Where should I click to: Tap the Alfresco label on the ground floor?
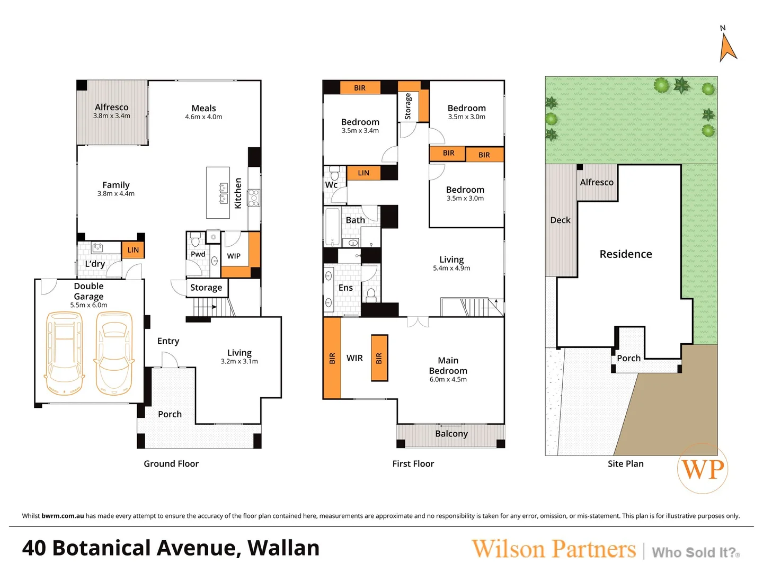(112, 107)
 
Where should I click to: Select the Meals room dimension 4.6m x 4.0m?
(203, 117)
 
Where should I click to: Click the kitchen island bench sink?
(223, 193)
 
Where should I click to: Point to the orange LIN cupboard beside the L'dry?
(133, 249)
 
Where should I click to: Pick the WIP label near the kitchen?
(234, 256)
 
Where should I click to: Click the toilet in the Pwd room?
(196, 238)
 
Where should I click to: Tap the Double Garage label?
(88, 291)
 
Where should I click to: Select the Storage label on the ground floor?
(206, 288)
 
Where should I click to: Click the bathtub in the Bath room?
(332, 227)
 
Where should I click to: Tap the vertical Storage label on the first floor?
(408, 106)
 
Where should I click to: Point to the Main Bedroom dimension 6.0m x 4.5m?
(448, 380)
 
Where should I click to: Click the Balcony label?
(451, 433)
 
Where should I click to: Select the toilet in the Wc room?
(335, 173)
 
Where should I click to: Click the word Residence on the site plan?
(626, 254)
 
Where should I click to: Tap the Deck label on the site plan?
(561, 220)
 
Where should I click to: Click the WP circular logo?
(703, 468)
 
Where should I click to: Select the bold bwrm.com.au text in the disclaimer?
(63, 516)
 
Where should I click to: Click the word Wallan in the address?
(283, 548)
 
